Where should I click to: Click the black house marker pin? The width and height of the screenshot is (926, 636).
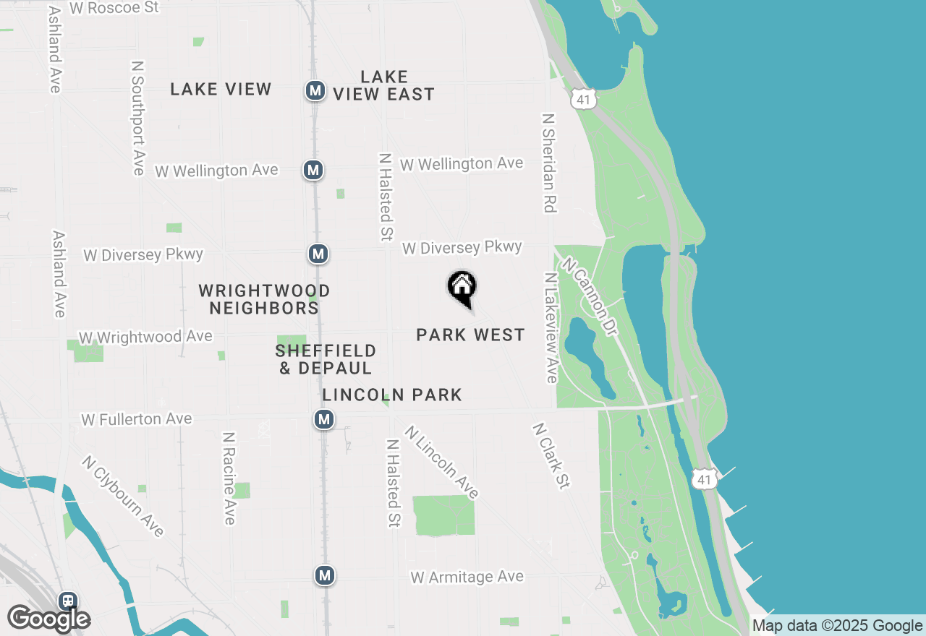462,288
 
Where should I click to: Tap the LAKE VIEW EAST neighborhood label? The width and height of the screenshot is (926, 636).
384,85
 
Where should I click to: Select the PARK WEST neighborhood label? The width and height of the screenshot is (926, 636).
470,335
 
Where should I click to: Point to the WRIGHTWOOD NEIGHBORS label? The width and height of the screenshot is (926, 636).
264,299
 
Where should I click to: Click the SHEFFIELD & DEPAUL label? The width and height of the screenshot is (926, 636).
326,359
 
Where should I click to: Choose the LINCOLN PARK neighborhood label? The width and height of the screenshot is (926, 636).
392,395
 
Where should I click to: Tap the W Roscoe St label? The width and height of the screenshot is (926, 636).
114,8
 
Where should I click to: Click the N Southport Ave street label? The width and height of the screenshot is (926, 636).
137,117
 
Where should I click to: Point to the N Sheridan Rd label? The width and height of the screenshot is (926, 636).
549,163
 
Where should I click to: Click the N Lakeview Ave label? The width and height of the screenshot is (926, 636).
551,327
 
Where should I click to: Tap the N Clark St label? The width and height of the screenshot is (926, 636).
551,456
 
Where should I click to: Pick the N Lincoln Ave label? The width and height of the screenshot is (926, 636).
441,463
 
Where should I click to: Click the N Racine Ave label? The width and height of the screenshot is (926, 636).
229,478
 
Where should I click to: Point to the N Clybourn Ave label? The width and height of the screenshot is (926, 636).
123,496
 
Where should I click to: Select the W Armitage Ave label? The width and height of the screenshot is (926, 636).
467,577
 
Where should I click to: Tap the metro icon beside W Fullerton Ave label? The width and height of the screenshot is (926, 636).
323,419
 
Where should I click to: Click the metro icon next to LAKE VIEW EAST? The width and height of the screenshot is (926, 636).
315,90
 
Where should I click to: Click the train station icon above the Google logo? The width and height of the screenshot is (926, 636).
68,601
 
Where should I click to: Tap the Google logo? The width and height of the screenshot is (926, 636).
49,619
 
